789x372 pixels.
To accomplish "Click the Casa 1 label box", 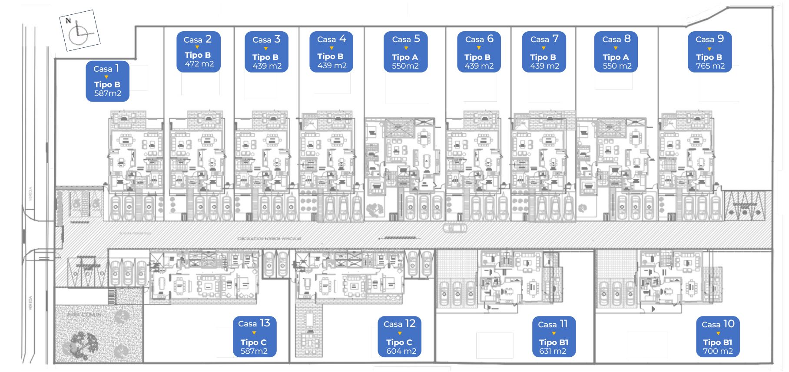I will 107,81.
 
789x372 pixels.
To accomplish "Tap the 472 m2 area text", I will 199,64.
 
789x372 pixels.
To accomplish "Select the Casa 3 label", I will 266,40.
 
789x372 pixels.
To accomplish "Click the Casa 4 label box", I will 331,52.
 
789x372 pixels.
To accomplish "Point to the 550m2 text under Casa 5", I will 405,66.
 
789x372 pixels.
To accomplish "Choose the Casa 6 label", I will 479,39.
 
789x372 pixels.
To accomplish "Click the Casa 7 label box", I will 544,52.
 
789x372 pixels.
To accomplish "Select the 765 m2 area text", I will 710,66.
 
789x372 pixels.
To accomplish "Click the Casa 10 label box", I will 718,336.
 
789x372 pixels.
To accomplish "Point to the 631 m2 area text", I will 553,351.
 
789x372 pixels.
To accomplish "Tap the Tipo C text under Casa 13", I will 253,342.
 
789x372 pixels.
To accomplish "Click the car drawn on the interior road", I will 454,228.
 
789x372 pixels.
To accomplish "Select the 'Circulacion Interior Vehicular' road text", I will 269,239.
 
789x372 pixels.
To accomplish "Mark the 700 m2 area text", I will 718,351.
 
